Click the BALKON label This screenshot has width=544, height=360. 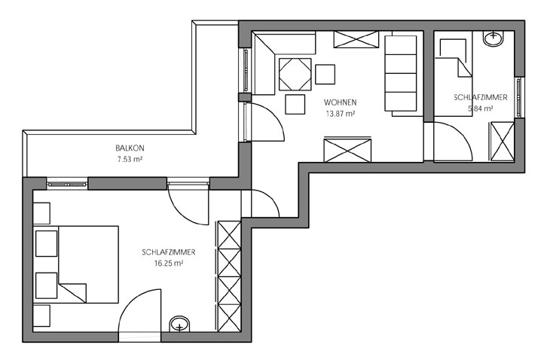pyautogui.click(x=130, y=148)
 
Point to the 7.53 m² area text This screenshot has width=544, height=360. pyautogui.click(x=130, y=160)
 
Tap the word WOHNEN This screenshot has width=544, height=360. pyautogui.click(x=340, y=102)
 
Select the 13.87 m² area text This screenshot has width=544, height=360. pyautogui.click(x=340, y=114)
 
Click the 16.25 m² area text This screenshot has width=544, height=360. pyautogui.click(x=169, y=264)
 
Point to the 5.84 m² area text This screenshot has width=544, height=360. pyautogui.click(x=481, y=108)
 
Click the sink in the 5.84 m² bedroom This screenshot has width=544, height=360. pyautogui.click(x=494, y=38)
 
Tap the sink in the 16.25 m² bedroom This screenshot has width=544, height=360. pyautogui.click(x=179, y=325)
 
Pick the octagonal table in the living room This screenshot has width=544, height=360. pyautogui.click(x=295, y=75)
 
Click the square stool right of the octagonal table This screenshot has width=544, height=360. pyautogui.click(x=325, y=75)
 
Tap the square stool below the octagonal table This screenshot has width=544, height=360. pyautogui.click(x=295, y=104)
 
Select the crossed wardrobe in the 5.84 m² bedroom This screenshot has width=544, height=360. pyautogui.click(x=503, y=142)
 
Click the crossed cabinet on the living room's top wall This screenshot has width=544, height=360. pyautogui.click(x=356, y=39)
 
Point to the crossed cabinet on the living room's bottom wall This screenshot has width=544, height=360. pyautogui.click(x=347, y=150)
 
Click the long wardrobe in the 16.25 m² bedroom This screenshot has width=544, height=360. pyautogui.click(x=229, y=276)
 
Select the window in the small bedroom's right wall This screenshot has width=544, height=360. pyautogui.click(x=519, y=97)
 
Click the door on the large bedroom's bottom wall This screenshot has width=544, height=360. pyautogui.click(x=139, y=312)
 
